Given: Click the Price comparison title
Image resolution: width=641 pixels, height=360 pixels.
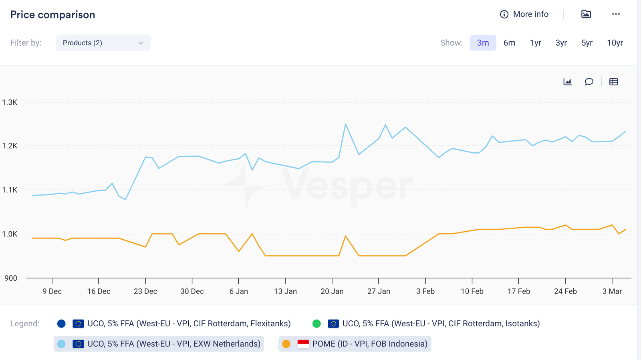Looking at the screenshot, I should point(52,15).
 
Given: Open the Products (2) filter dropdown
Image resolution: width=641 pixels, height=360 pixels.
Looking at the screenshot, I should point(103,43).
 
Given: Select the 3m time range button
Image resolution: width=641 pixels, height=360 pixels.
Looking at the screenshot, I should point(483,43).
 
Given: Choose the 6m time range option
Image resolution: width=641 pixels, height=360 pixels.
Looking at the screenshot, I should point(509,43).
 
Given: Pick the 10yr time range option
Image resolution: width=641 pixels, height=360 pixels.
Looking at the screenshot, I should point(615,43).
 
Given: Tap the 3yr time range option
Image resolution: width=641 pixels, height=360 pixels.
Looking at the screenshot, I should point(561,43).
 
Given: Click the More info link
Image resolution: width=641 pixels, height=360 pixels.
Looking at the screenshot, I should point(524,14).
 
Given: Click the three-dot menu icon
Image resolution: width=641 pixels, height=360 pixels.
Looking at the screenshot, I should point(616,14).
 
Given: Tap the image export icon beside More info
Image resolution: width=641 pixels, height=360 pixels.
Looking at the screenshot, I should point(586,14).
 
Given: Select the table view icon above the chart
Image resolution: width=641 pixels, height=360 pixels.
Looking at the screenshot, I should point(613,82).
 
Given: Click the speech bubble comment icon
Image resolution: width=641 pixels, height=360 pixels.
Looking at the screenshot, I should point(589,82).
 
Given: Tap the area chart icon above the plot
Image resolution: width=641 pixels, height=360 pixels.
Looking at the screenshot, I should point(567,82).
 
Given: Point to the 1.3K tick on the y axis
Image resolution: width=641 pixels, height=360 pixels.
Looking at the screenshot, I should point(10,102).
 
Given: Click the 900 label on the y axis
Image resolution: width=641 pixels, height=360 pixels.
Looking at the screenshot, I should point(11,278).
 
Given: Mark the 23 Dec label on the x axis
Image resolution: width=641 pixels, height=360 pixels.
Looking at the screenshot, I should point(145,291).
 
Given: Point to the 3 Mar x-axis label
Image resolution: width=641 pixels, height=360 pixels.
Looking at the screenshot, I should point(612,291).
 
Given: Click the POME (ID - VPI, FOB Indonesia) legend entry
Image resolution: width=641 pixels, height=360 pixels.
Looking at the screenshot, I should point(355,344).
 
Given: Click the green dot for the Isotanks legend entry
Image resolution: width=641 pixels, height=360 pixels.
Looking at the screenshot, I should point(316,324).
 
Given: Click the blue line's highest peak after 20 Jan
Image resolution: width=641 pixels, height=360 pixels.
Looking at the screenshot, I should point(345,124).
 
